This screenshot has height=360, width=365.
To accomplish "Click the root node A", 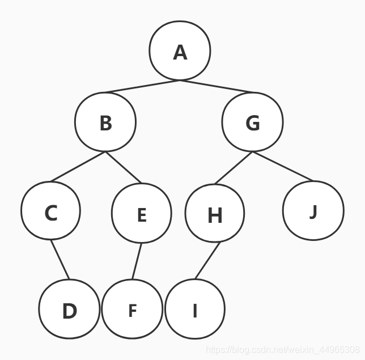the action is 180,51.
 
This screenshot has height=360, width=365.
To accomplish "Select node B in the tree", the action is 105,122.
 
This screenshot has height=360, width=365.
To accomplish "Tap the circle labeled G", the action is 252,122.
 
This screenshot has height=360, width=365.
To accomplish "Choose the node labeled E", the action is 142,214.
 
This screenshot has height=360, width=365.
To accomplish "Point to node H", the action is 215,214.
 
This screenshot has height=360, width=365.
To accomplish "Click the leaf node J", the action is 313,210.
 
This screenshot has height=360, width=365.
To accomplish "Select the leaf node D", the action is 69,310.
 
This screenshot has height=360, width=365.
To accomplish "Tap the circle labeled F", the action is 132,310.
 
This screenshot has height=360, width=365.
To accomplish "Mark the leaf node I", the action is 195,310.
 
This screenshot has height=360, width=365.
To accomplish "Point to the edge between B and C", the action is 78,167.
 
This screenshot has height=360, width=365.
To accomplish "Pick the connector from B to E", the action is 122,168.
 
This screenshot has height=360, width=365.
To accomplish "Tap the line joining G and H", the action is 234,168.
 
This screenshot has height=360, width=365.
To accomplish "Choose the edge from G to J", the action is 283,166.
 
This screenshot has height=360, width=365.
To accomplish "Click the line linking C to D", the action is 60,260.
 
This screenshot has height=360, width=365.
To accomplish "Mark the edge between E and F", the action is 137,261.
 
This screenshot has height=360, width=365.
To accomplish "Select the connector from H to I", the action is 207,261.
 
